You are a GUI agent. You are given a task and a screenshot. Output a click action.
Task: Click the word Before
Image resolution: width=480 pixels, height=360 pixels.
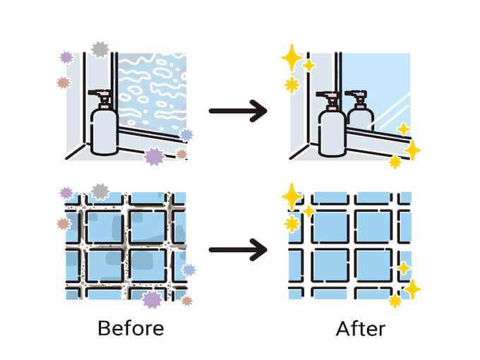[131, 328]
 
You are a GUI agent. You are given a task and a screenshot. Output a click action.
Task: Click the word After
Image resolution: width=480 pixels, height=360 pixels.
[360, 328]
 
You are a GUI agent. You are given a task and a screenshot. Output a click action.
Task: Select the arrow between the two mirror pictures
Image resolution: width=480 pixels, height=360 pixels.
[238, 110]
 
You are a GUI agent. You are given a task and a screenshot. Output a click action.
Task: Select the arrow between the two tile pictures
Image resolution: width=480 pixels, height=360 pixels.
[238, 249]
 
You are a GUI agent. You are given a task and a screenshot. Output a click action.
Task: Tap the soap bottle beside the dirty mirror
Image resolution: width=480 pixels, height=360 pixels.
[104, 131]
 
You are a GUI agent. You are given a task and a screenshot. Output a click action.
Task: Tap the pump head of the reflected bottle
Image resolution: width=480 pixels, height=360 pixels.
[357, 94]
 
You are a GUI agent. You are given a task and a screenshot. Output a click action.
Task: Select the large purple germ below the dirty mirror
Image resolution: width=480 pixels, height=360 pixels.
[154, 156]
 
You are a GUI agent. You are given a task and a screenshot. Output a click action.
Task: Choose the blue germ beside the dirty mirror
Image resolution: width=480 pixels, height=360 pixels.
[186, 135]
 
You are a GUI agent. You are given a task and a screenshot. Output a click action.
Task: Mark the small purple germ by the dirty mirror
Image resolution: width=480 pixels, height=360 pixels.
[66, 57]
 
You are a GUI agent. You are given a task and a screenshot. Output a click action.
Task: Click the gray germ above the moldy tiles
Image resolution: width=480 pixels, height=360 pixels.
[100, 191]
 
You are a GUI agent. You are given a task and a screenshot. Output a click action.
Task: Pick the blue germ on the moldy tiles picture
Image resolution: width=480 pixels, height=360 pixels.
[188, 269]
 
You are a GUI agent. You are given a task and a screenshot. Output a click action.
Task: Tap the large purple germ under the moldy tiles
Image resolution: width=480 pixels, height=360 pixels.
[152, 299]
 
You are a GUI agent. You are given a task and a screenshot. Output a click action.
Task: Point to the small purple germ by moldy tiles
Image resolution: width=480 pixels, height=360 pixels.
[66, 193]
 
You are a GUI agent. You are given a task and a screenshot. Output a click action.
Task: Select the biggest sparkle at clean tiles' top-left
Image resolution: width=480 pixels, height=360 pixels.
[292, 196]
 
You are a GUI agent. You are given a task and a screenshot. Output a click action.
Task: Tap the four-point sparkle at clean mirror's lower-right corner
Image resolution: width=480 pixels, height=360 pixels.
[412, 150]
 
